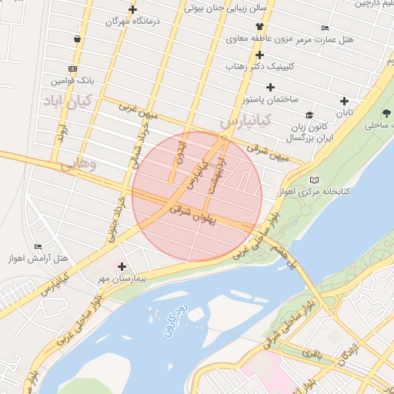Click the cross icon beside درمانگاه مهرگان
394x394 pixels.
(133, 10)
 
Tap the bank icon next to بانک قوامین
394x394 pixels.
(72, 68)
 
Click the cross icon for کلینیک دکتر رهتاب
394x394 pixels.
(260, 55)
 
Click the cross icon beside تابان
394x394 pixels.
(344, 101)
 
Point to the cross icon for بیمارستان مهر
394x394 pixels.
(122, 266)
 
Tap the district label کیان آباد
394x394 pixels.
(67, 100)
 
